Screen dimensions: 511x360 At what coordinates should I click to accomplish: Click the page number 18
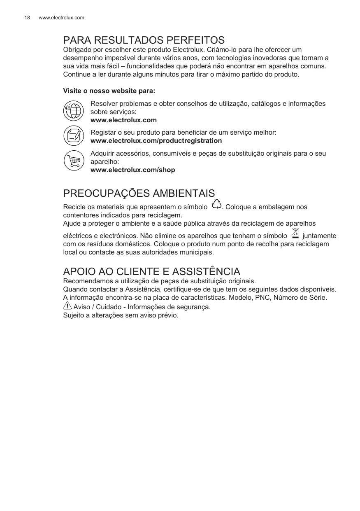(27, 18)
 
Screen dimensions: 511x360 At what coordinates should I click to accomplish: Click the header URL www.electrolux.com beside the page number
(61, 18)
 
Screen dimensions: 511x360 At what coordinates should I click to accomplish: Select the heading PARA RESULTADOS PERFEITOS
(144, 40)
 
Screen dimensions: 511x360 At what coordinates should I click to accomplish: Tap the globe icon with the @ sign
(74, 111)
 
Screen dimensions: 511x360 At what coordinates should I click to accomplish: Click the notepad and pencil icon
(74, 136)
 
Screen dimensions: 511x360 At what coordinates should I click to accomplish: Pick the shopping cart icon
(74, 161)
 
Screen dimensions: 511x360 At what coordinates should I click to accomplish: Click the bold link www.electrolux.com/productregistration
(156, 141)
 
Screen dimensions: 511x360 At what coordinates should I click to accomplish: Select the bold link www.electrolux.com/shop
(132, 170)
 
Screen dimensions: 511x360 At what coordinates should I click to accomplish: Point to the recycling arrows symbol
(216, 205)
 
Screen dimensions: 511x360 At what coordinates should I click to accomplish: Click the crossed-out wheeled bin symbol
(295, 233)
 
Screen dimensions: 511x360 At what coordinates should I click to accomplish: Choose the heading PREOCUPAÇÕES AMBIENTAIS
(139, 194)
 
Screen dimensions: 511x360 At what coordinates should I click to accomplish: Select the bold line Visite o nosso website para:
(109, 91)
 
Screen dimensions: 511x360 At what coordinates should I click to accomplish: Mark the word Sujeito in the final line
(74, 315)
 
